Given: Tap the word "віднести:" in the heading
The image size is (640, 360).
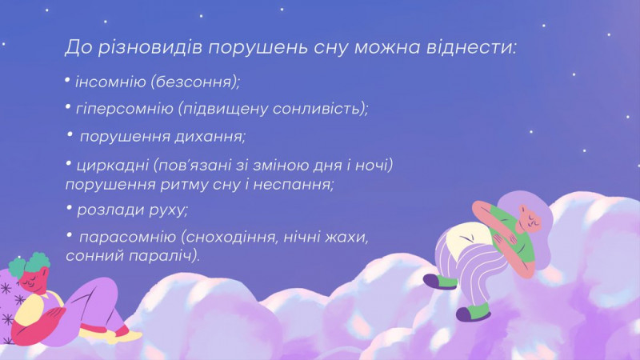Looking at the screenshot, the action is pos(471,47).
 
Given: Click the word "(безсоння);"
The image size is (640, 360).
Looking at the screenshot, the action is pos(195,82).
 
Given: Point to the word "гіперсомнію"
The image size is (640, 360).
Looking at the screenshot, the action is pos(125,110).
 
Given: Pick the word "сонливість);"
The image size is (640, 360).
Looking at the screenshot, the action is pos(321,109).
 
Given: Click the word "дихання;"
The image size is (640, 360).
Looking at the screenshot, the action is pos(210,136).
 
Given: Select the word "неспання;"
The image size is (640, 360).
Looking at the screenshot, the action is pos(294,185).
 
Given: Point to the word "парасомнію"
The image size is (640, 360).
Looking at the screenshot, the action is pos(127,237).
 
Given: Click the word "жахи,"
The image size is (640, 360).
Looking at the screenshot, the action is pos(346,237).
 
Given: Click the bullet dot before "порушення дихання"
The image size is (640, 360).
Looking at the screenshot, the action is pos(70,134).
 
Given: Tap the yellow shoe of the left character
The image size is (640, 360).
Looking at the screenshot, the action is pos(122,336).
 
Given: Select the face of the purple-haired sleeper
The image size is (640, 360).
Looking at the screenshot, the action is pos(530,219).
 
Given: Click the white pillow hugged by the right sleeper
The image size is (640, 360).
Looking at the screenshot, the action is pos(470,238).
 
